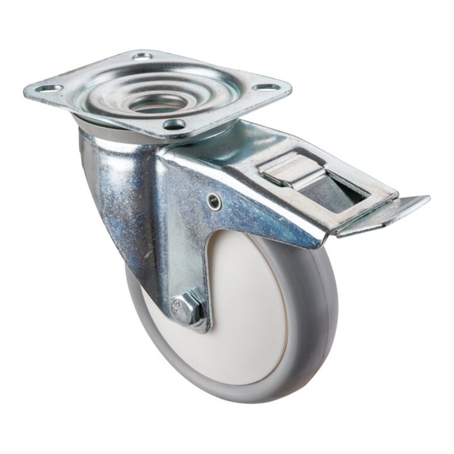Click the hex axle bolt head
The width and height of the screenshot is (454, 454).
pyautogui.click(x=187, y=310)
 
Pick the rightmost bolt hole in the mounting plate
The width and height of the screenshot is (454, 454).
pyautogui.click(x=266, y=87)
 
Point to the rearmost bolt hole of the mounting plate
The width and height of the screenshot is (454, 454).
pyautogui.click(x=142, y=56)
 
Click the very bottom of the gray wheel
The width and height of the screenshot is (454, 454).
pyautogui.click(x=250, y=400)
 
